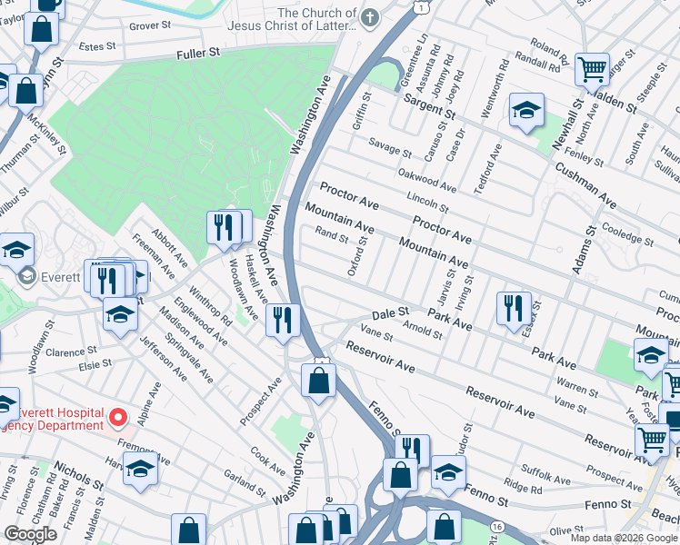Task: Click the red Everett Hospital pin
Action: click(117, 419)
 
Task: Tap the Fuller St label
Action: click(199, 54)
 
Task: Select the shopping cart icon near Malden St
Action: click(592, 68)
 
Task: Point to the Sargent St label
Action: click(429, 104)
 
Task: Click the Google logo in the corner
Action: click(30, 534)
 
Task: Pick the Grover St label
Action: click(149, 25)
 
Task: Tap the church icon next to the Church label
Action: click(370, 17)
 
